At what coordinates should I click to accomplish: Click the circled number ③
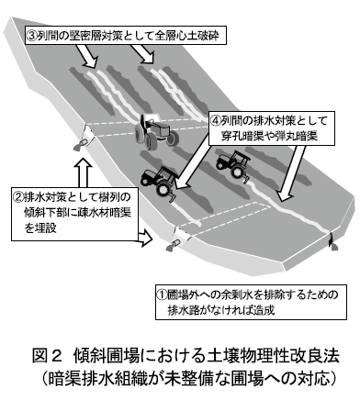pyautogui.click(x=31, y=37)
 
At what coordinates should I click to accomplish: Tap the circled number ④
pyautogui.click(x=216, y=121)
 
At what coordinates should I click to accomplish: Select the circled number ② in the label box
pyautogui.click(x=17, y=196)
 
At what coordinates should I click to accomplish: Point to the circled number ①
pyautogui.click(x=162, y=294)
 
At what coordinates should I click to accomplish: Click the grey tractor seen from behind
pyautogui.click(x=155, y=131)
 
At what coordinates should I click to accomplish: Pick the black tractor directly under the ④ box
pyautogui.click(x=233, y=165)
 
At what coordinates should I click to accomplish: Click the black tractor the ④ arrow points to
pyautogui.click(x=159, y=183)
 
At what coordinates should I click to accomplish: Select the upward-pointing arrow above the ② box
pyautogui.click(x=83, y=172)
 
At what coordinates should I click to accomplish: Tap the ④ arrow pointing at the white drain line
pyautogui.click(x=292, y=173)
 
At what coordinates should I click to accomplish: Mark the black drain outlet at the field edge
pyautogui.click(x=332, y=243)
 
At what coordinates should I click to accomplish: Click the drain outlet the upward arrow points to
pyautogui.click(x=80, y=145)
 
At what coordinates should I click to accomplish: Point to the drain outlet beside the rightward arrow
pyautogui.click(x=173, y=246)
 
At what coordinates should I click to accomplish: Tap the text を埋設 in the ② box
pyautogui.click(x=40, y=228)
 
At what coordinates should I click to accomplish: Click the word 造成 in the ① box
pyautogui.click(x=264, y=310)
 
